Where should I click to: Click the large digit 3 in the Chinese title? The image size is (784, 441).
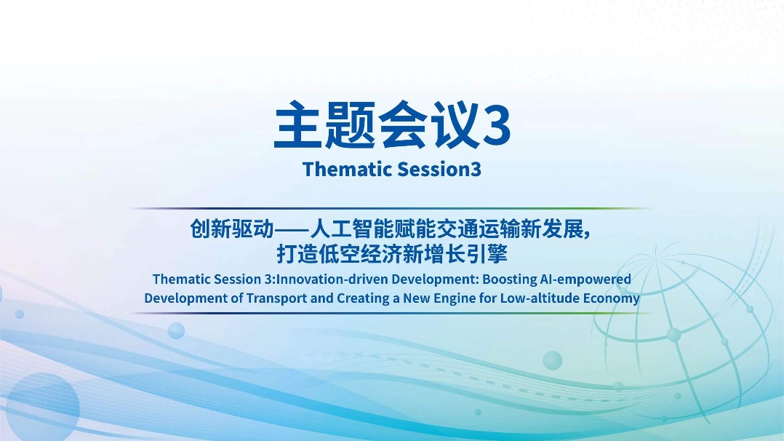496,126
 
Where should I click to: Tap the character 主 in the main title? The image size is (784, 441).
298,124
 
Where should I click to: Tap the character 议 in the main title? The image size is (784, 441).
454,124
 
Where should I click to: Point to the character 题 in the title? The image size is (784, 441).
350,124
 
